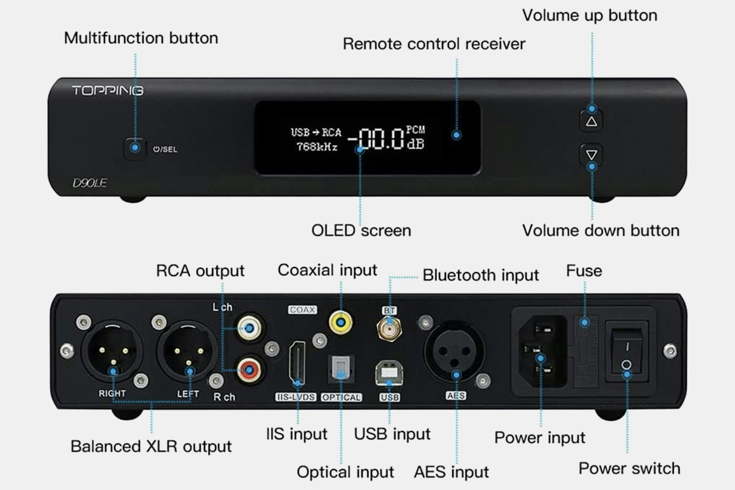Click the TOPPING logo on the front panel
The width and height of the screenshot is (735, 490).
coord(108,90)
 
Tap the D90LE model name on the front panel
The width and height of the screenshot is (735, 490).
coord(90,183)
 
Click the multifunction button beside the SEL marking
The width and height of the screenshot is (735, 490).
coord(135,148)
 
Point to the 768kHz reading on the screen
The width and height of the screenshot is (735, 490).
coord(317,147)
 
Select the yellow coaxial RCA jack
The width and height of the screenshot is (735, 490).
coord(341,322)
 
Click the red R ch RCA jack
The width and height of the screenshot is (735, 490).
coord(249,370)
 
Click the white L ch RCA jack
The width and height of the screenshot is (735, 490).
coord(249,328)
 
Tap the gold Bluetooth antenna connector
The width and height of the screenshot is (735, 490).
coord(390,328)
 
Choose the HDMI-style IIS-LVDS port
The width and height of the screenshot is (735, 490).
coord(297,363)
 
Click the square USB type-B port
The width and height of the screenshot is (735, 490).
coord(389,373)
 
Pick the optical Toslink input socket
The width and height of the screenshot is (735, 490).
coord(341,369)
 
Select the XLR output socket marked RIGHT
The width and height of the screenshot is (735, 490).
coord(112,351)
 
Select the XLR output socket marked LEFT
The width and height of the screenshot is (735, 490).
coord(188,351)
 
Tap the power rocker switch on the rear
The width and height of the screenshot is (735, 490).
coord(627,351)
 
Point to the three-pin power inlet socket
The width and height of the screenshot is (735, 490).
coord(543,351)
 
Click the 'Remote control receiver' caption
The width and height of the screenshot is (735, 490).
coord(434,44)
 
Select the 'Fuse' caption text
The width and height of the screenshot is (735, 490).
coord(584,271)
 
